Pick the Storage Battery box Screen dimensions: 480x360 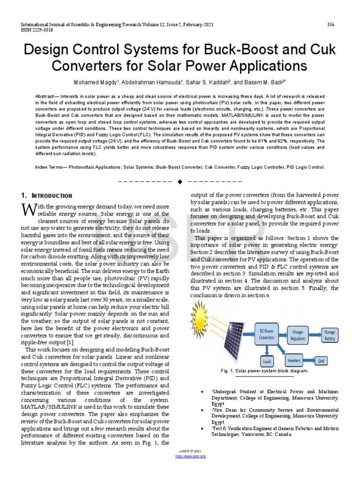330,335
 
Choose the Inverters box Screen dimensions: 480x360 293,360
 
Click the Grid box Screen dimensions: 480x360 322,361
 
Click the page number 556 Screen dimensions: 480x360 330,24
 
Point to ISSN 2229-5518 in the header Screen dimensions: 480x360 36,29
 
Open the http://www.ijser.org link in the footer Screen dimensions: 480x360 190,456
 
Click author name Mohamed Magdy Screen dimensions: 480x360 92,82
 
